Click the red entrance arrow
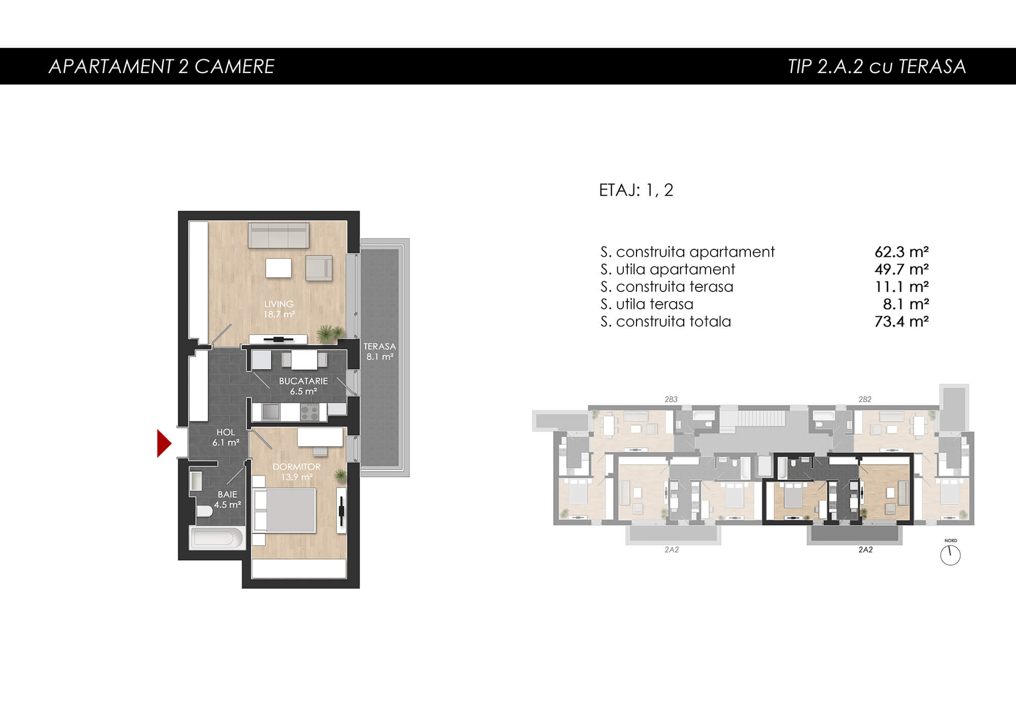(x=164, y=443)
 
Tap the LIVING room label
(x=279, y=304)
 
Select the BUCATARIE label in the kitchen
(x=303, y=381)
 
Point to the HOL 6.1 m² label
(x=226, y=437)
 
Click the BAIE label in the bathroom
(x=227, y=494)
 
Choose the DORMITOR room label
(x=297, y=467)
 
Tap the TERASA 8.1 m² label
(x=379, y=351)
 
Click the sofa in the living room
(x=278, y=235)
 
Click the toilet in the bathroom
(x=204, y=511)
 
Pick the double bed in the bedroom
(x=284, y=510)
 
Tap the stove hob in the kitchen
(x=309, y=412)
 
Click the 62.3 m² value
(x=902, y=252)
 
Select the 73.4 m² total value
(x=902, y=321)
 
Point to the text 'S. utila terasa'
(x=647, y=304)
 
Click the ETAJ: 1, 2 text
(x=636, y=190)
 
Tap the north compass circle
(x=950, y=556)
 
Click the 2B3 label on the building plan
(x=671, y=400)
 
